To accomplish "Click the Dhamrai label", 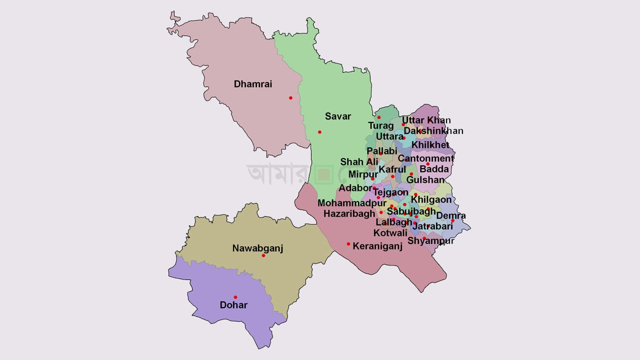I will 253,84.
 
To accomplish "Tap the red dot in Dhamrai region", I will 290,98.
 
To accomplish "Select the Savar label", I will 338,116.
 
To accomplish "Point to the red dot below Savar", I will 319,132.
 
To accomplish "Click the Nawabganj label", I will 257,248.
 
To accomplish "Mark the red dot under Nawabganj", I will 263,255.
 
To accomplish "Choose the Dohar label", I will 233,304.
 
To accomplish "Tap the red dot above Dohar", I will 235,297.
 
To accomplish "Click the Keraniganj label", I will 377,246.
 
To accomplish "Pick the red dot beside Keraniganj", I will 348,244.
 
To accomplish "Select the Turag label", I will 381,125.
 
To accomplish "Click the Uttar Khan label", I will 426,120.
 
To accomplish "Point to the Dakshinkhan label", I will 433,131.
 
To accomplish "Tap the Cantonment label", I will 425,158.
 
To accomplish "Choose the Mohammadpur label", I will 352,203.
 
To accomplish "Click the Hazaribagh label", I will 349,213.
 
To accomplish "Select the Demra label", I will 451,216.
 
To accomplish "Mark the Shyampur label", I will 430,240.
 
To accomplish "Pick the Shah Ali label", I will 359,162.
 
